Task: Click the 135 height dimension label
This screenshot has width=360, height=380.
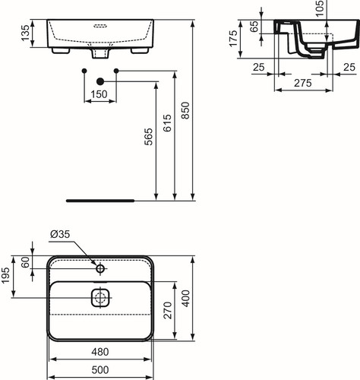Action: click(x=25, y=33)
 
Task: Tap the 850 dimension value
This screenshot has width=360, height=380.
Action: click(x=185, y=110)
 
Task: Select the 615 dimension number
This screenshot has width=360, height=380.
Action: click(x=167, y=123)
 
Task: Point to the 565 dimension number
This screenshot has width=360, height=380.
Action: click(x=149, y=137)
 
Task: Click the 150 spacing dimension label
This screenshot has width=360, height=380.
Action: click(x=99, y=94)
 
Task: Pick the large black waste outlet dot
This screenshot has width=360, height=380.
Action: click(x=100, y=81)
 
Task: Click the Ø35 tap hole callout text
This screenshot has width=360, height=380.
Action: click(x=60, y=234)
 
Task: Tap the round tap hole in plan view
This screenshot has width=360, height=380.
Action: click(x=100, y=268)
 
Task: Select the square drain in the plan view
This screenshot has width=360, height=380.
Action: click(x=100, y=297)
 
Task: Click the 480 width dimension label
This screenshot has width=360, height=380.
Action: click(x=100, y=352)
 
